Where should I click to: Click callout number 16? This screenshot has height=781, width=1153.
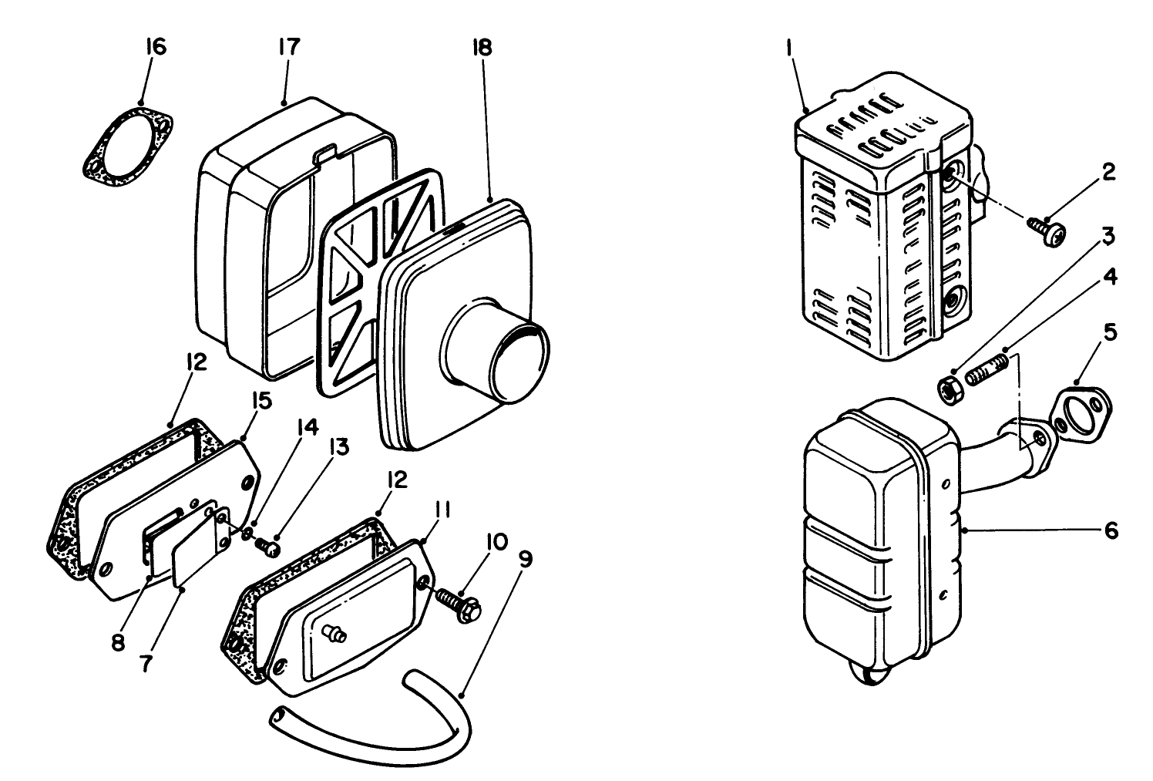[156, 47]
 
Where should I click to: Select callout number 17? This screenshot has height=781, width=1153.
[290, 47]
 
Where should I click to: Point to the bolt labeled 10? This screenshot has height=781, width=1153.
[461, 604]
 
